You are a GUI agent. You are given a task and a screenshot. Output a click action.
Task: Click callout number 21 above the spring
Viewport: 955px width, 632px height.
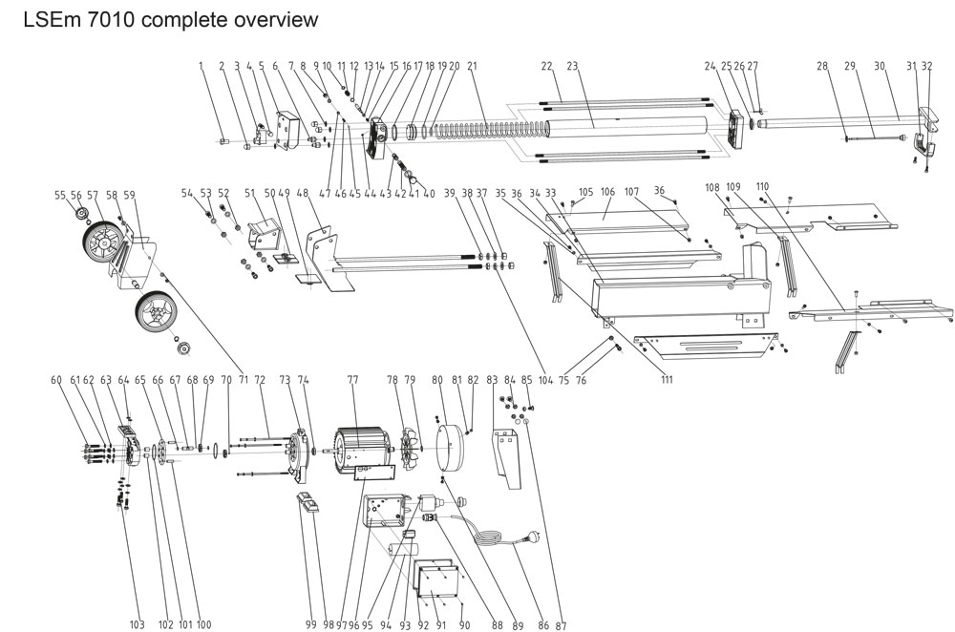[x=472, y=67]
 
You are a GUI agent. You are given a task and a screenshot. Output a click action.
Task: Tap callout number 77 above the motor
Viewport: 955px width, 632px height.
[x=352, y=379]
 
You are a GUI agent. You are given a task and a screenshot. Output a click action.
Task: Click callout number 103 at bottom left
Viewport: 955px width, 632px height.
[x=138, y=624]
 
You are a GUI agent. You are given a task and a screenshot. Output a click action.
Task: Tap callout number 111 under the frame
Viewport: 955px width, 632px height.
[x=666, y=380]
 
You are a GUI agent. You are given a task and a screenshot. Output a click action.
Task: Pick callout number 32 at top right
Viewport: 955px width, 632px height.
[x=926, y=67]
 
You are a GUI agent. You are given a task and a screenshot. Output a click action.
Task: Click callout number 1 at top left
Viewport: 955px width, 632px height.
[x=202, y=67]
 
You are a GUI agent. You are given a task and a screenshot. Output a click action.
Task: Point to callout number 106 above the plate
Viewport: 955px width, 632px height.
[x=607, y=191]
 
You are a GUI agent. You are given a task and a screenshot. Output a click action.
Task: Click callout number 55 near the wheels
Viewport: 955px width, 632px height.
[x=61, y=194]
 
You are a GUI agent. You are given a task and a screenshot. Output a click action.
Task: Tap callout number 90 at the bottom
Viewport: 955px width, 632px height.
[x=465, y=624]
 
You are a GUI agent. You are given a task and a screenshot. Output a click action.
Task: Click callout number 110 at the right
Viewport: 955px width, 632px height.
[x=761, y=185]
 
